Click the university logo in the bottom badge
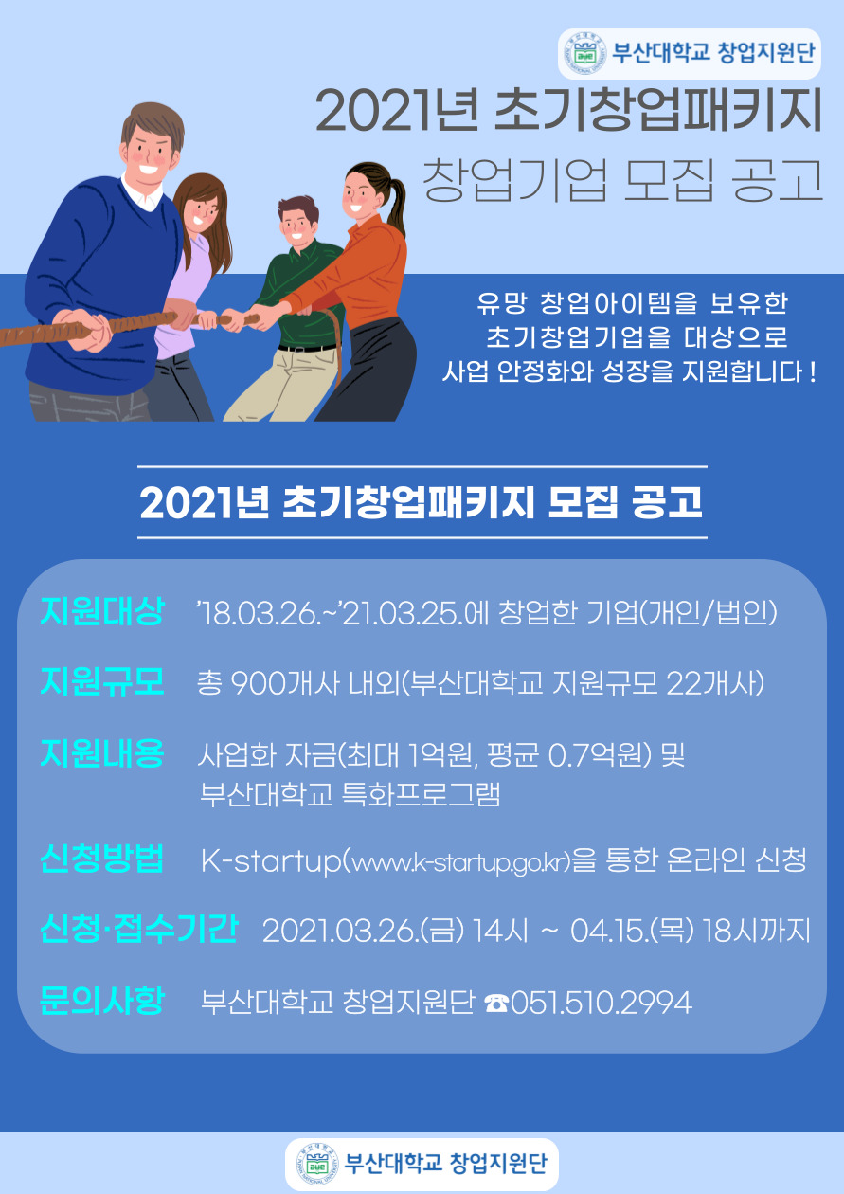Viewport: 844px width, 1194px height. click(317, 1164)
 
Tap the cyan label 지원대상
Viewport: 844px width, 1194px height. click(102, 611)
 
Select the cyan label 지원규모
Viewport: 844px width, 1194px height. click(102, 681)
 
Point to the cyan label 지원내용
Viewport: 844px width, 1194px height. click(102, 752)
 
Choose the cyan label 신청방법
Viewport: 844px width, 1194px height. click(102, 859)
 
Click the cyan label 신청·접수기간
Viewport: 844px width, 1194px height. click(138, 930)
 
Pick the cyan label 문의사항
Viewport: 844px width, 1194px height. click(102, 1001)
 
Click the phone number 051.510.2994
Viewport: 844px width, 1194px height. click(602, 1003)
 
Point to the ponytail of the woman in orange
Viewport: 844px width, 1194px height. click(396, 204)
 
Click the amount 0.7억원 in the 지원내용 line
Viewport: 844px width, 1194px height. click(601, 755)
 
